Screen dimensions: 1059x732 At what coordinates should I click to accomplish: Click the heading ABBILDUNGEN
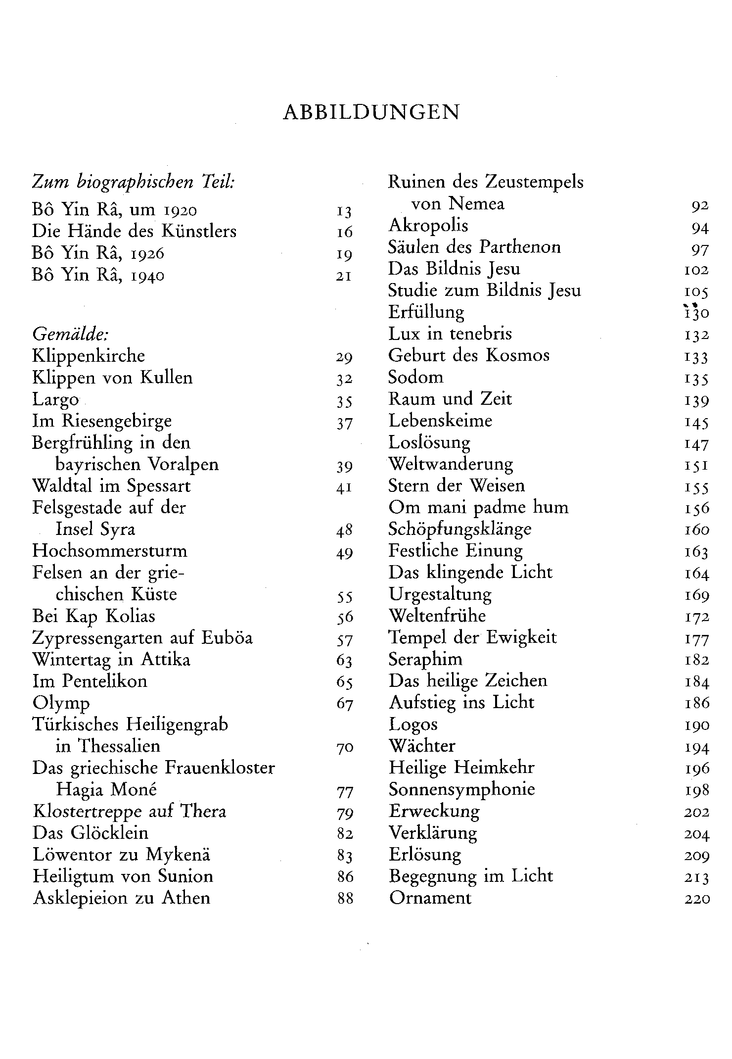371,113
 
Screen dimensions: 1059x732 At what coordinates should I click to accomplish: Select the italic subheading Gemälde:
70,335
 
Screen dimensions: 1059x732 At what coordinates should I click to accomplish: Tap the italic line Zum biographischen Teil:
134,183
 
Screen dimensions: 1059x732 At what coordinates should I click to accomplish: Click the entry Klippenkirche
89,356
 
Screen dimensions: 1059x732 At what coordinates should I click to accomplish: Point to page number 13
344,212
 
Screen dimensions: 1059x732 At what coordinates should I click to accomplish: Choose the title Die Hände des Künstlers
135,232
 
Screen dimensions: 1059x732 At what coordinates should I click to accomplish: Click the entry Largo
55,400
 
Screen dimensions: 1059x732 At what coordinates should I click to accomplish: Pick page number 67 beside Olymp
344,704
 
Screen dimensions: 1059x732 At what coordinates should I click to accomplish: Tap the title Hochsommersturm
110,551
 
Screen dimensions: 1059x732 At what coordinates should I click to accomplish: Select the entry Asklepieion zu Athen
122,898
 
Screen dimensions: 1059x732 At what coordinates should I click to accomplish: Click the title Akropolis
428,226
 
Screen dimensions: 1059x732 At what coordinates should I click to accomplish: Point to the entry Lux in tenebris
450,334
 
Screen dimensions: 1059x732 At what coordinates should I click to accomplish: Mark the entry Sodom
415,378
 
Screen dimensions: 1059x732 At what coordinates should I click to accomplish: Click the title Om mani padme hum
478,508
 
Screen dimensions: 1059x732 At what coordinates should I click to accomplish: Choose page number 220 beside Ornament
697,899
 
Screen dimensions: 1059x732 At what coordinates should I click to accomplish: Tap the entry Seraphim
425,660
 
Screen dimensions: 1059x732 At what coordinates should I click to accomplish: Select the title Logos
413,725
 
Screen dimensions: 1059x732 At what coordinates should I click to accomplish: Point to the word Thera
203,812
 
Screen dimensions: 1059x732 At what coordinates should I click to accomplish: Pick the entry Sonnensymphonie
461,789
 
